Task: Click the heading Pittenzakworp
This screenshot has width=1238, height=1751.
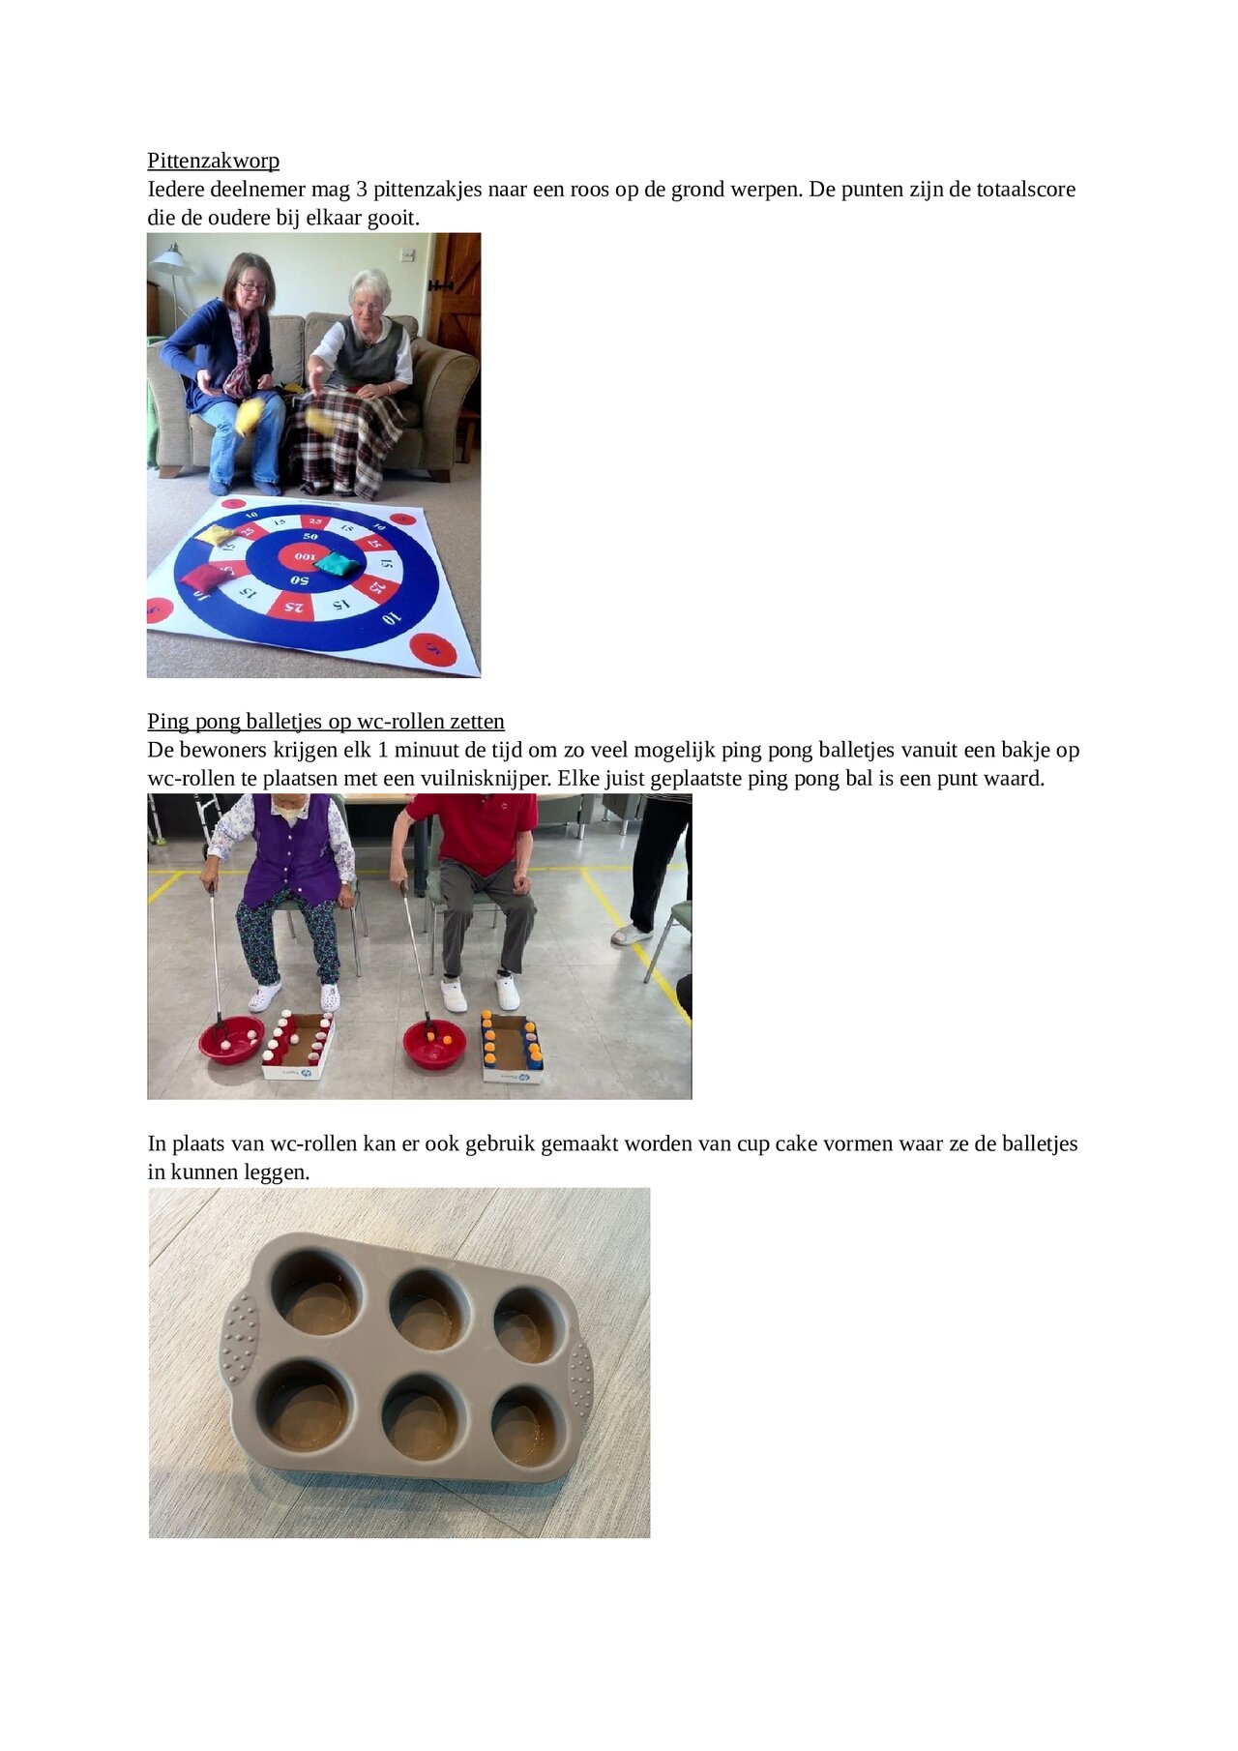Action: pos(213,161)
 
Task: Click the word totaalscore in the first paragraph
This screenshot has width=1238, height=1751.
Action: pos(1025,189)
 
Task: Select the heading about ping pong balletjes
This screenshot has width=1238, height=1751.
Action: pos(325,721)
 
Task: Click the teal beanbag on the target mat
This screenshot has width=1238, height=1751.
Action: pos(338,563)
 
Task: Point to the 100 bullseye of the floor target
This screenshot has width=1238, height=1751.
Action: pos(304,557)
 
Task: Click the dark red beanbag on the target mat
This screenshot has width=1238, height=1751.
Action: pos(202,579)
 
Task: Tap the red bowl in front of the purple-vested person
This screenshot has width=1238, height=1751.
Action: pos(230,1040)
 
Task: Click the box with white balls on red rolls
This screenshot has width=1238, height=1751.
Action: pos(299,1047)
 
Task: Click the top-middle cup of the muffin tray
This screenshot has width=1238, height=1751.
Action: pos(427,1308)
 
